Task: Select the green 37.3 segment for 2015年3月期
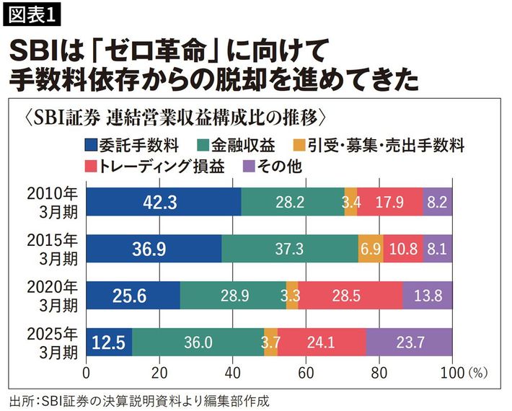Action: point(289,249)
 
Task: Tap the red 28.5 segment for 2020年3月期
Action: point(350,295)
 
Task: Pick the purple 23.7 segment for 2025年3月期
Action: point(409,342)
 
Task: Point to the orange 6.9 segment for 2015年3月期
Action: point(370,249)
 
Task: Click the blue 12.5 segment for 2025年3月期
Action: point(109,342)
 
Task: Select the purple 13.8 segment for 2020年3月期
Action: point(427,295)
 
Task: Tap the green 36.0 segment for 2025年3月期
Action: point(198,342)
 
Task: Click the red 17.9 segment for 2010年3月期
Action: point(389,202)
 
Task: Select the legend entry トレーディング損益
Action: point(155,166)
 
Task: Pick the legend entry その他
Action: point(273,166)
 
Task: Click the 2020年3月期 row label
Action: point(53,295)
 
